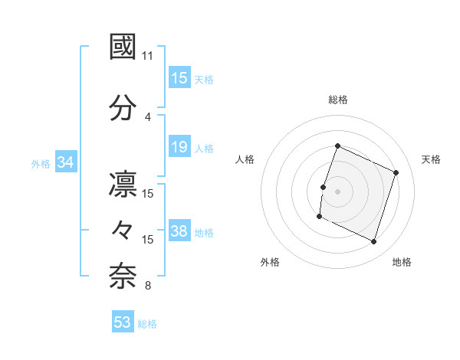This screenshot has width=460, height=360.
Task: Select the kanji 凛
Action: point(123,186)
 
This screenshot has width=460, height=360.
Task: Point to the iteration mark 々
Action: point(123,231)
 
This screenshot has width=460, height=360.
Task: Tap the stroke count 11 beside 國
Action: point(148,56)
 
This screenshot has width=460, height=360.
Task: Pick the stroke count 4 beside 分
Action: point(148,116)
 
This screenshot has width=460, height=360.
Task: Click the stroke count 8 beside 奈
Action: point(148,286)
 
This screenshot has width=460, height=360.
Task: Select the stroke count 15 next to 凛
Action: point(148,194)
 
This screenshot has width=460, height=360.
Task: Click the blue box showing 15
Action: point(179,78)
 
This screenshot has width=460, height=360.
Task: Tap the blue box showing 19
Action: point(179,147)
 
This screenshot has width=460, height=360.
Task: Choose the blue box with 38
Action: point(179,231)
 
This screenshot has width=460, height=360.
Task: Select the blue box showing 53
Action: point(123,322)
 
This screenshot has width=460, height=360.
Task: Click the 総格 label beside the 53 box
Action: point(147,324)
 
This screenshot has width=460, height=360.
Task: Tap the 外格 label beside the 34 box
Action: point(41,163)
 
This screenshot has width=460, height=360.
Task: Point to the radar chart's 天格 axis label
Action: point(431,159)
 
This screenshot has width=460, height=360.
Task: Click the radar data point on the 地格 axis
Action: point(374,242)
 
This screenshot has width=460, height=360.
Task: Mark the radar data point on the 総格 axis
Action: point(337,146)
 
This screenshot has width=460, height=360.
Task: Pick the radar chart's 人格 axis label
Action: point(245,159)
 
